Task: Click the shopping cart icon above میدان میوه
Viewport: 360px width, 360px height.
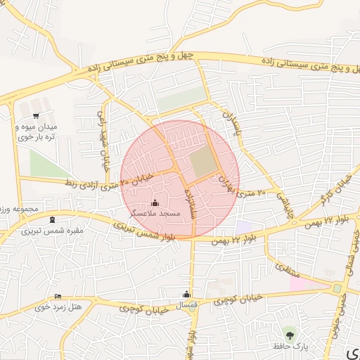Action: pyautogui.click(x=35, y=116)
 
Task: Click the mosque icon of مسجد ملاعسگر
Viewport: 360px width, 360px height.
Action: pyautogui.click(x=155, y=203)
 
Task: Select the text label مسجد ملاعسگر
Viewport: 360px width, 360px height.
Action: pyautogui.click(x=155, y=213)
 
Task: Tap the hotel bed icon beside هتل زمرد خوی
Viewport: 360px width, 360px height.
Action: pyautogui.click(x=58, y=297)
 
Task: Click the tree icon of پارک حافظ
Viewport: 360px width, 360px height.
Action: pyautogui.click(x=289, y=332)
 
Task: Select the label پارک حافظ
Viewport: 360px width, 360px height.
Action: pyautogui.click(x=290, y=345)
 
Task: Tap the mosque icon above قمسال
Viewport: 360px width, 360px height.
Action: pyautogui.click(x=186, y=294)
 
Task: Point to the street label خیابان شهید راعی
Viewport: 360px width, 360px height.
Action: pyautogui.click(x=103, y=138)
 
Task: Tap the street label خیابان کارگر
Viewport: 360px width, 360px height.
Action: pyautogui.click(x=335, y=188)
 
